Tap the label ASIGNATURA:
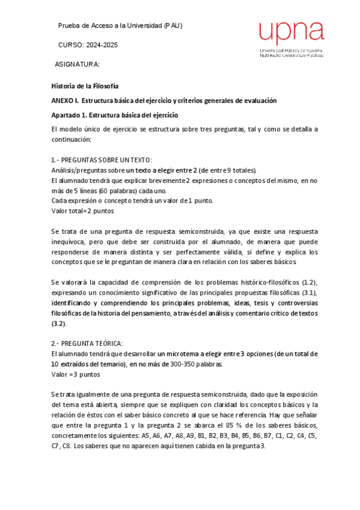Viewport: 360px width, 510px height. coord(77,64)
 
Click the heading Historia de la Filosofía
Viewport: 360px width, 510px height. coord(84,86)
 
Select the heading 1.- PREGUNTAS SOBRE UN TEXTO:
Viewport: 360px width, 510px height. coord(101,160)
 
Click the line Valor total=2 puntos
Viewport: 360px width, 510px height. coord(82,210)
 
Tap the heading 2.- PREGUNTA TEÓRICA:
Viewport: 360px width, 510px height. coord(87,343)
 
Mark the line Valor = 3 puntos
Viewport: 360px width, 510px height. coord(75,374)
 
